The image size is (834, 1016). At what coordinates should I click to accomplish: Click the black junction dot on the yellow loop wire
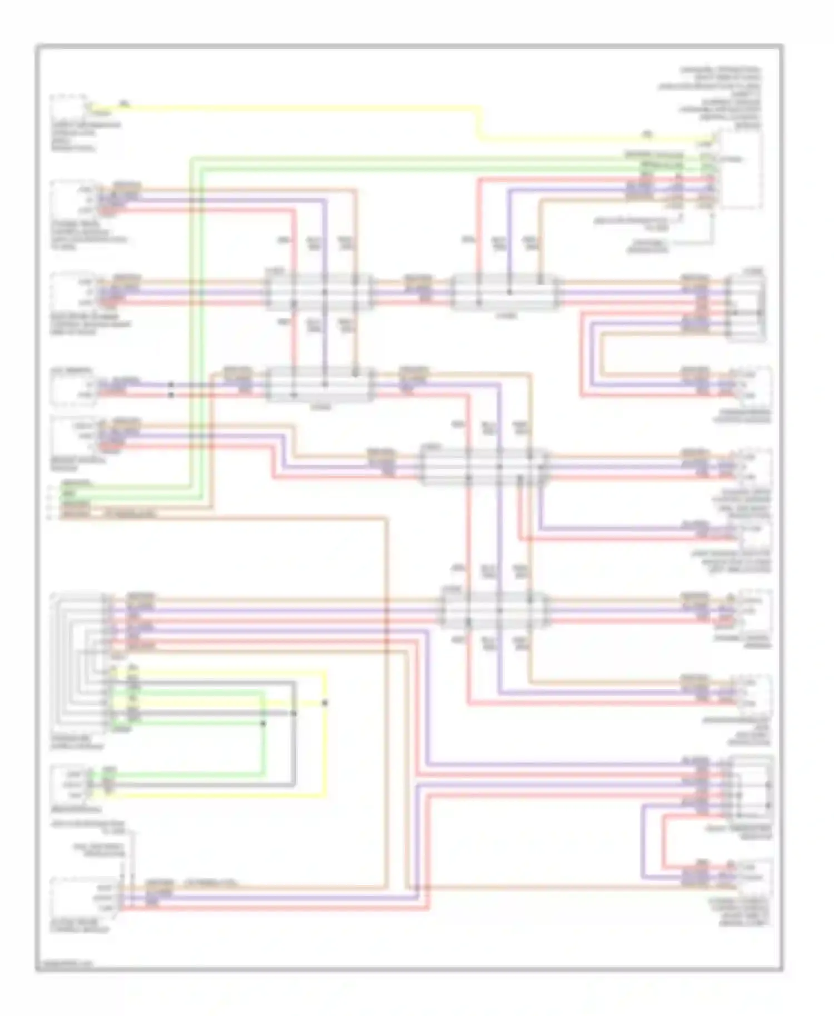pos(325,703)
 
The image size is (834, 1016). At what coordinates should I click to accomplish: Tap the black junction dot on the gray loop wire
pos(294,713)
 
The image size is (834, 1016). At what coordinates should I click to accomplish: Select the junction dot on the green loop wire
pos(264,723)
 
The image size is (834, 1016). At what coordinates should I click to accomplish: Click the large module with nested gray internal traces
pos(78,661)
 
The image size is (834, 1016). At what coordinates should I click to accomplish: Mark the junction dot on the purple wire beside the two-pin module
pos(171,385)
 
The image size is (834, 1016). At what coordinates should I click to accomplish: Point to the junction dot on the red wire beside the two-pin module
pos(171,395)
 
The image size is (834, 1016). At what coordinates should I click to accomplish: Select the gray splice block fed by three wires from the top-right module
pos(506,292)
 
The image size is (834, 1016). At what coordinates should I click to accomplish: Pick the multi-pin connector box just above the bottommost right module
pos(751,789)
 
